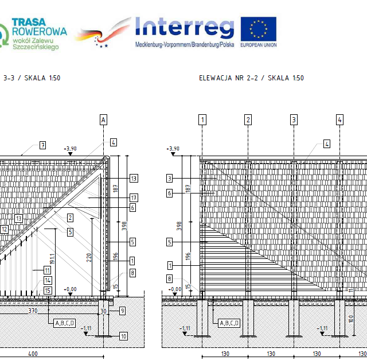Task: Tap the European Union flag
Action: pyautogui.click(x=258, y=29)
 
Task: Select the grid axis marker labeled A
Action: pyautogui.click(x=103, y=119)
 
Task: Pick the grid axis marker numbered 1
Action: pyautogui.click(x=202, y=119)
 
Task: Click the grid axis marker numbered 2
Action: pyautogui.click(x=248, y=119)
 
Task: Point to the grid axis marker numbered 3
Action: pyautogui.click(x=294, y=119)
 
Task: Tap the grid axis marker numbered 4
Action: pyautogui.click(x=340, y=119)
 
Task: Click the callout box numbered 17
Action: pyautogui.click(x=134, y=198)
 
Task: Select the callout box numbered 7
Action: pyautogui.click(x=42, y=145)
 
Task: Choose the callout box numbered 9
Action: pyautogui.click(x=122, y=311)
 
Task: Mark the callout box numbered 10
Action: pyautogui.click(x=124, y=336)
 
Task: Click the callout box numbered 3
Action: pyautogui.click(x=170, y=179)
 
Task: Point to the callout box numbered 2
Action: pyautogui.click(x=70, y=218)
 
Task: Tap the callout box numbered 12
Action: pyautogui.click(x=4, y=229)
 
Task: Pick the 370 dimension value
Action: pyautogui.click(x=33, y=311)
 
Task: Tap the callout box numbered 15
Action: pyautogui.click(x=48, y=290)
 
